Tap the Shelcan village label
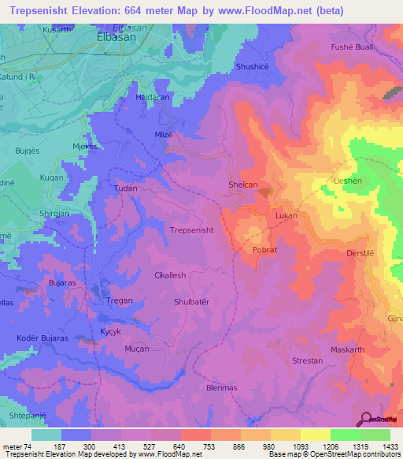[242, 185]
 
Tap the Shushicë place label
[252, 67]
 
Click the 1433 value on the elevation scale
[390, 446]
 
